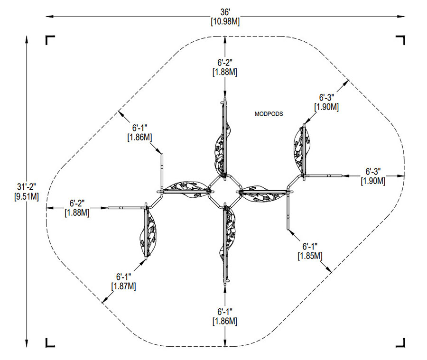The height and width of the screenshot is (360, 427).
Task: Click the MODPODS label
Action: pyautogui.click(x=269, y=114)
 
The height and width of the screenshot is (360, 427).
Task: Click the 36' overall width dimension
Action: pyautogui.click(x=225, y=12)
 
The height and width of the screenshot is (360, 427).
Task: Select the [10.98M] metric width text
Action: pyautogui.click(x=225, y=22)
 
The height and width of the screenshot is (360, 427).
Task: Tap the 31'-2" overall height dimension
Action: pyautogui.click(x=27, y=187)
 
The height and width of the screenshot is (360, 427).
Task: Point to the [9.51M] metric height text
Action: pyautogui.click(x=27, y=196)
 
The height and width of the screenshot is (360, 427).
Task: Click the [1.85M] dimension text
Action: pyautogui.click(x=310, y=256)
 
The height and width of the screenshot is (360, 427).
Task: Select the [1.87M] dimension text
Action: pyautogui.click(x=124, y=286)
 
